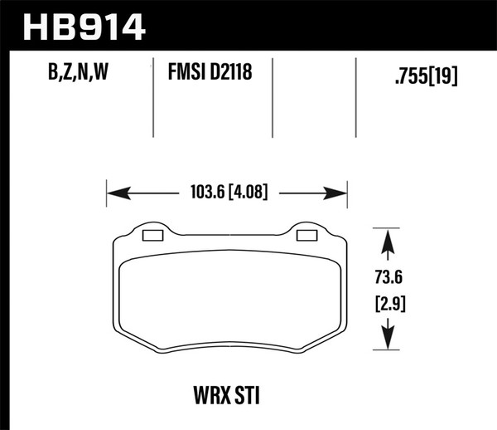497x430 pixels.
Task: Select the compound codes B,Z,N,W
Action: point(73,75)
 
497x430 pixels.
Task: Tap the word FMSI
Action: point(187,75)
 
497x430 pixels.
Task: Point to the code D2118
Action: point(231,75)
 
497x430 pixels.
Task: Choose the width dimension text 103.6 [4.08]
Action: point(226,195)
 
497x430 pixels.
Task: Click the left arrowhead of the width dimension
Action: point(116,195)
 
